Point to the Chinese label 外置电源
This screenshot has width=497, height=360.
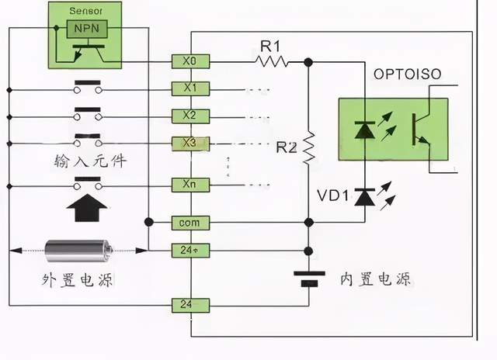[x=77, y=280]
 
